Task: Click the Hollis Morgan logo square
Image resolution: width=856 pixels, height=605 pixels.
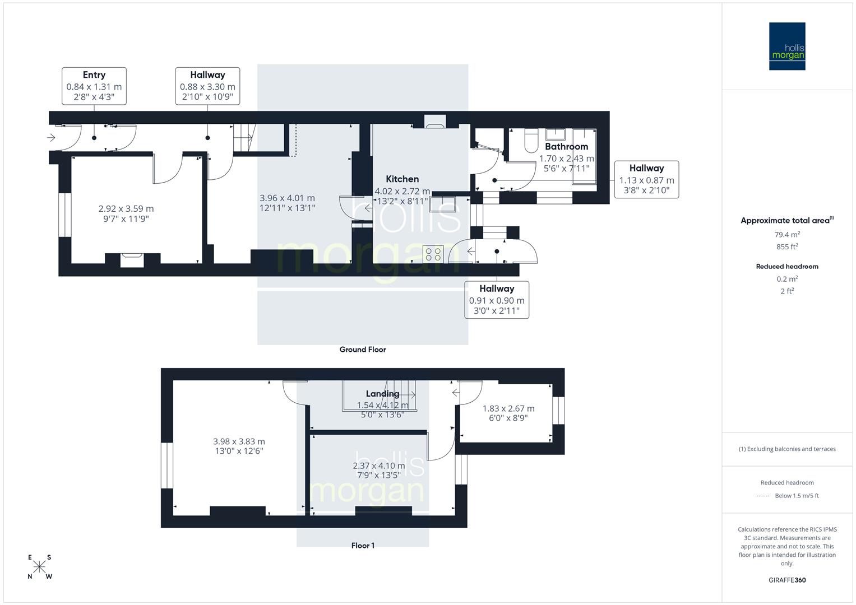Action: [x=786, y=46]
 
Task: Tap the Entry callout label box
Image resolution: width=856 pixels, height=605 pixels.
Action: [x=94, y=86]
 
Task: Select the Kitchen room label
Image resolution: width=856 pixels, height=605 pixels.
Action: [x=402, y=179]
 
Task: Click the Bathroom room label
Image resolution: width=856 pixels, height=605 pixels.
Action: [x=566, y=147]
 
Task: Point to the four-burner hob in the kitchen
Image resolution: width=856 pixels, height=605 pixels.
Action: [x=433, y=254]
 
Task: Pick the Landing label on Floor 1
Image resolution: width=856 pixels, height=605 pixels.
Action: [x=382, y=394]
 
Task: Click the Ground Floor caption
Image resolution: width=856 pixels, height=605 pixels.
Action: [x=362, y=350]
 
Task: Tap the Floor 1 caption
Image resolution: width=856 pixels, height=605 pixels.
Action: [x=363, y=546]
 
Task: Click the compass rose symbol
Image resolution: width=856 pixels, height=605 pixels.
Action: [x=40, y=567]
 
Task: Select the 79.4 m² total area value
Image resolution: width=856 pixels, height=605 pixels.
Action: [x=787, y=235]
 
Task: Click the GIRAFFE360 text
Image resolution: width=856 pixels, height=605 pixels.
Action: [x=787, y=580]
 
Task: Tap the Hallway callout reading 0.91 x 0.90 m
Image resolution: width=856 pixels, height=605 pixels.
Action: [x=497, y=300]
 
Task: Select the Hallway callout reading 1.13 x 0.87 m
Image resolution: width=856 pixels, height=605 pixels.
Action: [x=646, y=179]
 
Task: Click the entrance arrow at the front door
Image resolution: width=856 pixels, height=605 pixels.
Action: [x=51, y=137]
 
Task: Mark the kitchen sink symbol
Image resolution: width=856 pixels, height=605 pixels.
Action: [x=443, y=204]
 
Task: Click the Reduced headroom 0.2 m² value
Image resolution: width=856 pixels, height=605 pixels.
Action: [x=787, y=279]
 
